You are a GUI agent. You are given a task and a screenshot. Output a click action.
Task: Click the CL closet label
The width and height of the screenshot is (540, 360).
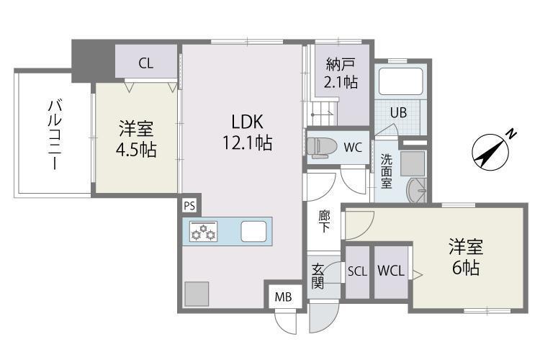click(x=146, y=63)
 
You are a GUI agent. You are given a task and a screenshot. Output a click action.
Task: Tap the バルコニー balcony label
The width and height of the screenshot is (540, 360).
click(x=53, y=134)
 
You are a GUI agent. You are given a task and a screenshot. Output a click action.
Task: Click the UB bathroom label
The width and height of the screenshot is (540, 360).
click(x=398, y=112)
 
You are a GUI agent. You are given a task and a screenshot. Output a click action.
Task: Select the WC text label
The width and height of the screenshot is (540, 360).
click(x=352, y=148)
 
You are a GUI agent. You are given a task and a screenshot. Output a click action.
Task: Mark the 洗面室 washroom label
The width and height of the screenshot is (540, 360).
click(x=386, y=171)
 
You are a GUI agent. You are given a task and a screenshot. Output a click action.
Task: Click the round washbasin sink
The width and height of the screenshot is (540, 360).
click(x=417, y=192)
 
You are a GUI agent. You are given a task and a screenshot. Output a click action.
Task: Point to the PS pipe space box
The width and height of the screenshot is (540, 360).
click(x=189, y=206)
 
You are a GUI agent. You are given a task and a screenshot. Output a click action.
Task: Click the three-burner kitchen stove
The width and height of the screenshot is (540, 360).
click(x=204, y=232)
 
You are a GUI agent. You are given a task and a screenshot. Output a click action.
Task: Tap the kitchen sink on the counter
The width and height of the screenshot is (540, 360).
click(x=253, y=232)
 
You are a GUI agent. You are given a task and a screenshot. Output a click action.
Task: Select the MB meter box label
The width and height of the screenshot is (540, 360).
click(x=282, y=295)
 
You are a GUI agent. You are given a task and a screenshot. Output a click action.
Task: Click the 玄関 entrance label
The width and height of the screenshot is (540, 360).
click(x=318, y=276)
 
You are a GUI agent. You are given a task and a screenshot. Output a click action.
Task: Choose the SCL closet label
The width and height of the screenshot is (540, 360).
click(x=357, y=271)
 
